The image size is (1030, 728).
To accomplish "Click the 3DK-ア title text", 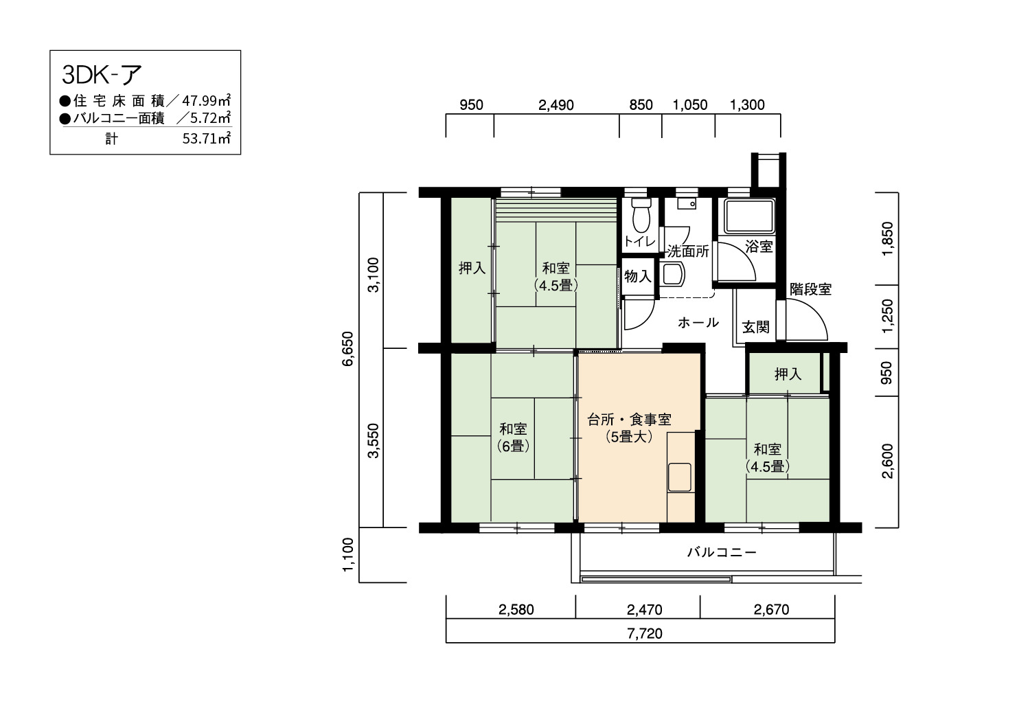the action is pyautogui.click(x=102, y=74).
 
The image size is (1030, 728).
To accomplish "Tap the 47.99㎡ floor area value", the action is pyautogui.click(x=206, y=100).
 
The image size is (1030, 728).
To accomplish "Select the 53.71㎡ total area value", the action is pyautogui.click(x=206, y=138).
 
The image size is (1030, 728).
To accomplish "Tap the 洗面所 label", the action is pyautogui.click(x=688, y=251).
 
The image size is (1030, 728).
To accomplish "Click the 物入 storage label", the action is pyautogui.click(x=638, y=276).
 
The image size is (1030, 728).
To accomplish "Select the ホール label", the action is pyautogui.click(x=698, y=322).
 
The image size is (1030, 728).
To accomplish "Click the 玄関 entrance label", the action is pyautogui.click(x=756, y=327).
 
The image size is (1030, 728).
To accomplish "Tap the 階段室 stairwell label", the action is pyautogui.click(x=811, y=289).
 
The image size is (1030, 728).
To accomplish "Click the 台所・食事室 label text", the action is pyautogui.click(x=629, y=420).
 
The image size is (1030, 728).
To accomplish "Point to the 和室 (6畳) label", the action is pyautogui.click(x=513, y=437).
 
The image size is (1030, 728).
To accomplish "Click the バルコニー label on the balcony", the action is pyautogui.click(x=722, y=552).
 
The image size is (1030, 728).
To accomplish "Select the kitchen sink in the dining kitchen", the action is pyautogui.click(x=680, y=477).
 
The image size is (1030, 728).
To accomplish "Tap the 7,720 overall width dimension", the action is pyautogui.click(x=645, y=634).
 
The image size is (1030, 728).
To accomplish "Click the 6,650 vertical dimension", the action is pyautogui.click(x=348, y=349).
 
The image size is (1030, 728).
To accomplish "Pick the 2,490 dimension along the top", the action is pyautogui.click(x=556, y=105).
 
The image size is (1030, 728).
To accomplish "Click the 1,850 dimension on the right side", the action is pyautogui.click(x=887, y=239).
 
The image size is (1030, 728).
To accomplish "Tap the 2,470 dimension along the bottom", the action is pyautogui.click(x=644, y=610).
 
